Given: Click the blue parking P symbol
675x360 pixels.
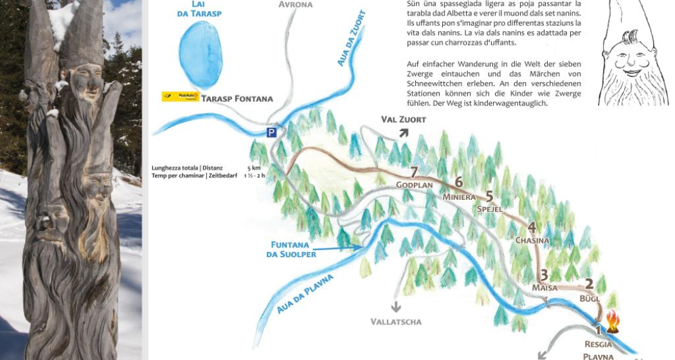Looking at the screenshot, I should pos(273,132).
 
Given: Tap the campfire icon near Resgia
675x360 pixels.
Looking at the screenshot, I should pos(612,321).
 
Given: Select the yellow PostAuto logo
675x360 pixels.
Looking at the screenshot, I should pos(179,97).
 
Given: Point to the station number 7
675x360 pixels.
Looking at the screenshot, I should pos(414,172).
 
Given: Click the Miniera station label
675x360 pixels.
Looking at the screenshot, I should pos(458,197).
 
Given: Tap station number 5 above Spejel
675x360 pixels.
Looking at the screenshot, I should pos(489,196).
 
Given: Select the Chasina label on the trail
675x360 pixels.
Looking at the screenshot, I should pos(532,240).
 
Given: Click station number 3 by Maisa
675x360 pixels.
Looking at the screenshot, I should pos(544,274).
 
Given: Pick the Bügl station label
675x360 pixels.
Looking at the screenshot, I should pos(589,299).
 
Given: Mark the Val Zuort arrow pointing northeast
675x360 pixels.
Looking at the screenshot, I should pos(404,132).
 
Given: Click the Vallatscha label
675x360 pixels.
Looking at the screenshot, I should pos(396,321).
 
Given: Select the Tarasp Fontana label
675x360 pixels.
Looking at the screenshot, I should pos(237,98).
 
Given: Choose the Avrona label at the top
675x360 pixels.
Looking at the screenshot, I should pos(296,4).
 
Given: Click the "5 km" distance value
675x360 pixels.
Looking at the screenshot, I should pos(253,168).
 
